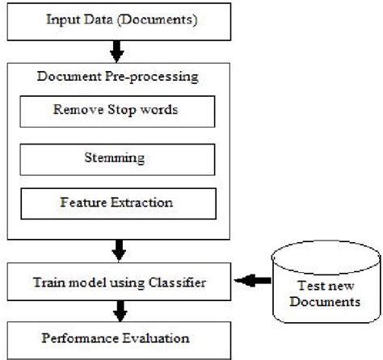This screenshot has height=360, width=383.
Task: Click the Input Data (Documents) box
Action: tap(120, 19)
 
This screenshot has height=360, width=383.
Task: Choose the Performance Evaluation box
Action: tap(120, 335)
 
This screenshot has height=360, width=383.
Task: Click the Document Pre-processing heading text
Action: tap(120, 78)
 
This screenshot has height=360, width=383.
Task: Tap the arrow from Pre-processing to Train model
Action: tap(120, 249)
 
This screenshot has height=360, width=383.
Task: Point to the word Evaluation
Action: tap(157, 335)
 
